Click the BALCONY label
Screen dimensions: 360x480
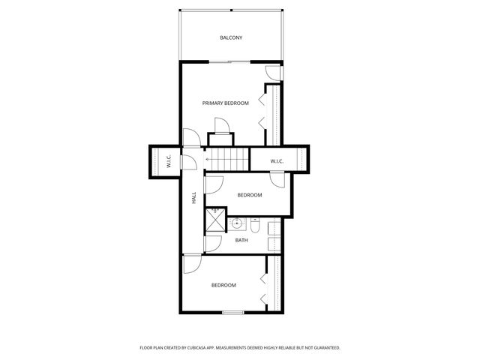pos(231,37)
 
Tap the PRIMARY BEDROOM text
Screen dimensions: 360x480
pos(225,103)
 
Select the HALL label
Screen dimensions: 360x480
pos(193,198)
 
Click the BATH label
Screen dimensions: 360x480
pos(241,240)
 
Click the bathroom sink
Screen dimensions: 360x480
pos(238,223)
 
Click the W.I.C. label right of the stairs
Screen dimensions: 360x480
pos(276,160)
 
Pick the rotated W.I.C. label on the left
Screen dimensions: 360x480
pos(169,160)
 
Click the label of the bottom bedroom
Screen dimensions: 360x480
pos(223,285)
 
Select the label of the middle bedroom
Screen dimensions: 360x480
pos(250,195)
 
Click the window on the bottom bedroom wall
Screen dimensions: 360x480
pos(233,312)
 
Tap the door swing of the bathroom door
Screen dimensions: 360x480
pos(213,244)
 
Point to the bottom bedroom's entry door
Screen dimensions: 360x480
pos(190,264)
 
